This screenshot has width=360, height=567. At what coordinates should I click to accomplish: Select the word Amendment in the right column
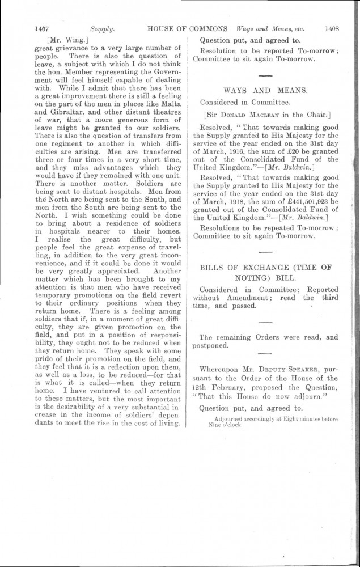[252, 297]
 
